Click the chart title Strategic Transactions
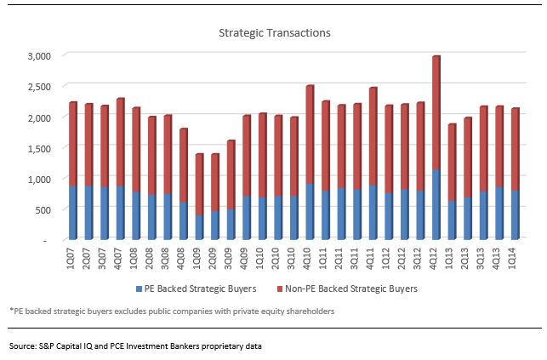coord(273,33)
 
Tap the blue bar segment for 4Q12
coord(436,205)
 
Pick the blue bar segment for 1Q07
coord(73,214)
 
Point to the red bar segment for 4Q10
coord(310,135)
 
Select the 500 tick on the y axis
coord(43,209)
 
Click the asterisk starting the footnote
coord(11,311)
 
